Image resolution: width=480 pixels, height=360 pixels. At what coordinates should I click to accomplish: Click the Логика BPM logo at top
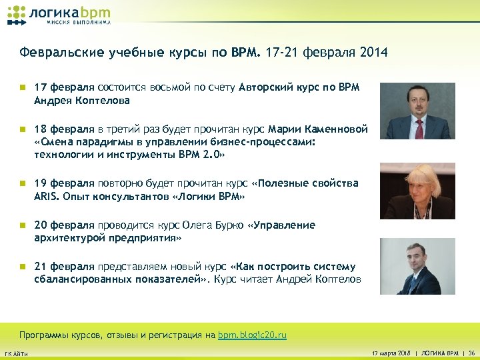click(x=59, y=15)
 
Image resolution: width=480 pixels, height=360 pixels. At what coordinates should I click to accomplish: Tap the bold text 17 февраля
click(x=65, y=87)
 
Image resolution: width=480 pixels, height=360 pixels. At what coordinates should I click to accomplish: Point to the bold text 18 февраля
click(x=65, y=129)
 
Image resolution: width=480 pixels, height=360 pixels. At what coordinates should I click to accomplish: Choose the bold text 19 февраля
click(x=65, y=183)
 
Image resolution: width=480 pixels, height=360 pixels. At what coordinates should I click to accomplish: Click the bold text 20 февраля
click(x=65, y=225)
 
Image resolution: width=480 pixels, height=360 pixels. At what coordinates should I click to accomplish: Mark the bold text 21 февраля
click(x=65, y=267)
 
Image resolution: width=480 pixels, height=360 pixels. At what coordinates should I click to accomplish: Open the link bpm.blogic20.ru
click(x=252, y=335)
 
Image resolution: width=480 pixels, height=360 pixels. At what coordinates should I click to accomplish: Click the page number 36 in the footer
click(x=471, y=353)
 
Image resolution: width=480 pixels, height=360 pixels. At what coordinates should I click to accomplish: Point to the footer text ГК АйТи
click(x=16, y=353)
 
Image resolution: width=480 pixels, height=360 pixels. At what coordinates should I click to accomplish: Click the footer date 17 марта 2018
click(x=390, y=353)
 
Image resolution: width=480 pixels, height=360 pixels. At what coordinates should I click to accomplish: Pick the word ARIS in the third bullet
click(x=45, y=197)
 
